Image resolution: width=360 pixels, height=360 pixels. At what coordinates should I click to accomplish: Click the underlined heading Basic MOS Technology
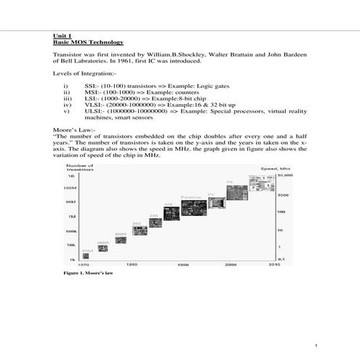[84, 42]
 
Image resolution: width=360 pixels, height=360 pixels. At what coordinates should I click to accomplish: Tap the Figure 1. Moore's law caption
[88, 275]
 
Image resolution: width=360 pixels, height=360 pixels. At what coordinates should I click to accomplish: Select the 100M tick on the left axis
[72, 187]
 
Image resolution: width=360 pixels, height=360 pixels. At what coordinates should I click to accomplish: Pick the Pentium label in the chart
[191, 196]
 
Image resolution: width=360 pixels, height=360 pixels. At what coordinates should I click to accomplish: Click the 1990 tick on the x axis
[183, 265]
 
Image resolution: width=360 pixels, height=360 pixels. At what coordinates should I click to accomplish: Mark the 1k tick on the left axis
[73, 259]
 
